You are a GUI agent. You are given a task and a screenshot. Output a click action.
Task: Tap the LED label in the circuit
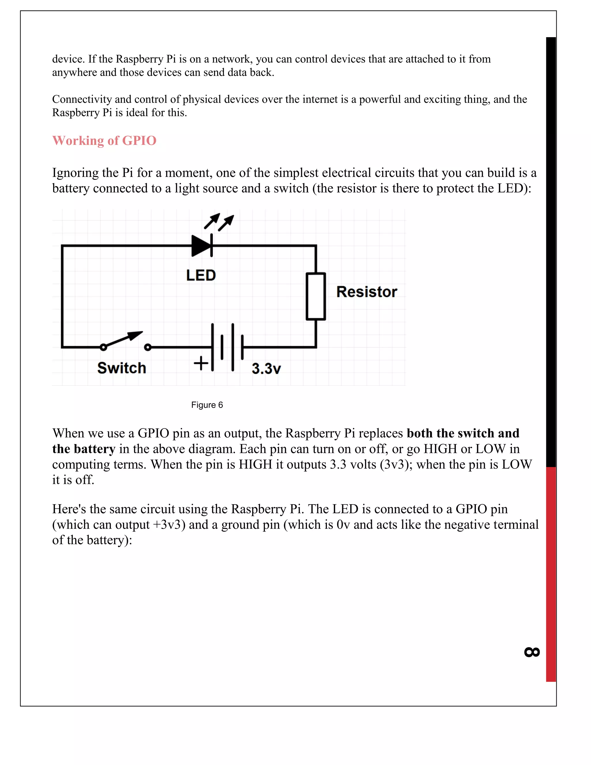pyautogui.click(x=201, y=275)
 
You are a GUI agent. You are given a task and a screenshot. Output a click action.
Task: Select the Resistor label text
pyautogui.click(x=366, y=292)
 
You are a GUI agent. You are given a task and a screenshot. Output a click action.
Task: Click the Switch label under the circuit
pyautogui.click(x=121, y=368)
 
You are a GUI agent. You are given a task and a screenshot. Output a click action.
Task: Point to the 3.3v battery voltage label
pyautogui.click(x=266, y=369)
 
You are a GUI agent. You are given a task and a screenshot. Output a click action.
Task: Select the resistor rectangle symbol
pyautogui.click(x=316, y=296)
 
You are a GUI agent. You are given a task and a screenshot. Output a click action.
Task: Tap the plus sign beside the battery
pyautogui.click(x=201, y=363)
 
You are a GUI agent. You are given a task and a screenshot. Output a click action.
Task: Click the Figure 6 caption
pyautogui.click(x=207, y=405)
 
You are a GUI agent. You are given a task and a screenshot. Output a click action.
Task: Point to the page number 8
pyautogui.click(x=532, y=652)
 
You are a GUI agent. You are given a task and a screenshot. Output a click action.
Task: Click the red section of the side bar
pyautogui.click(x=551, y=574)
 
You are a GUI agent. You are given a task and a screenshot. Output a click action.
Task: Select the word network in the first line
pyautogui.click(x=232, y=59)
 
